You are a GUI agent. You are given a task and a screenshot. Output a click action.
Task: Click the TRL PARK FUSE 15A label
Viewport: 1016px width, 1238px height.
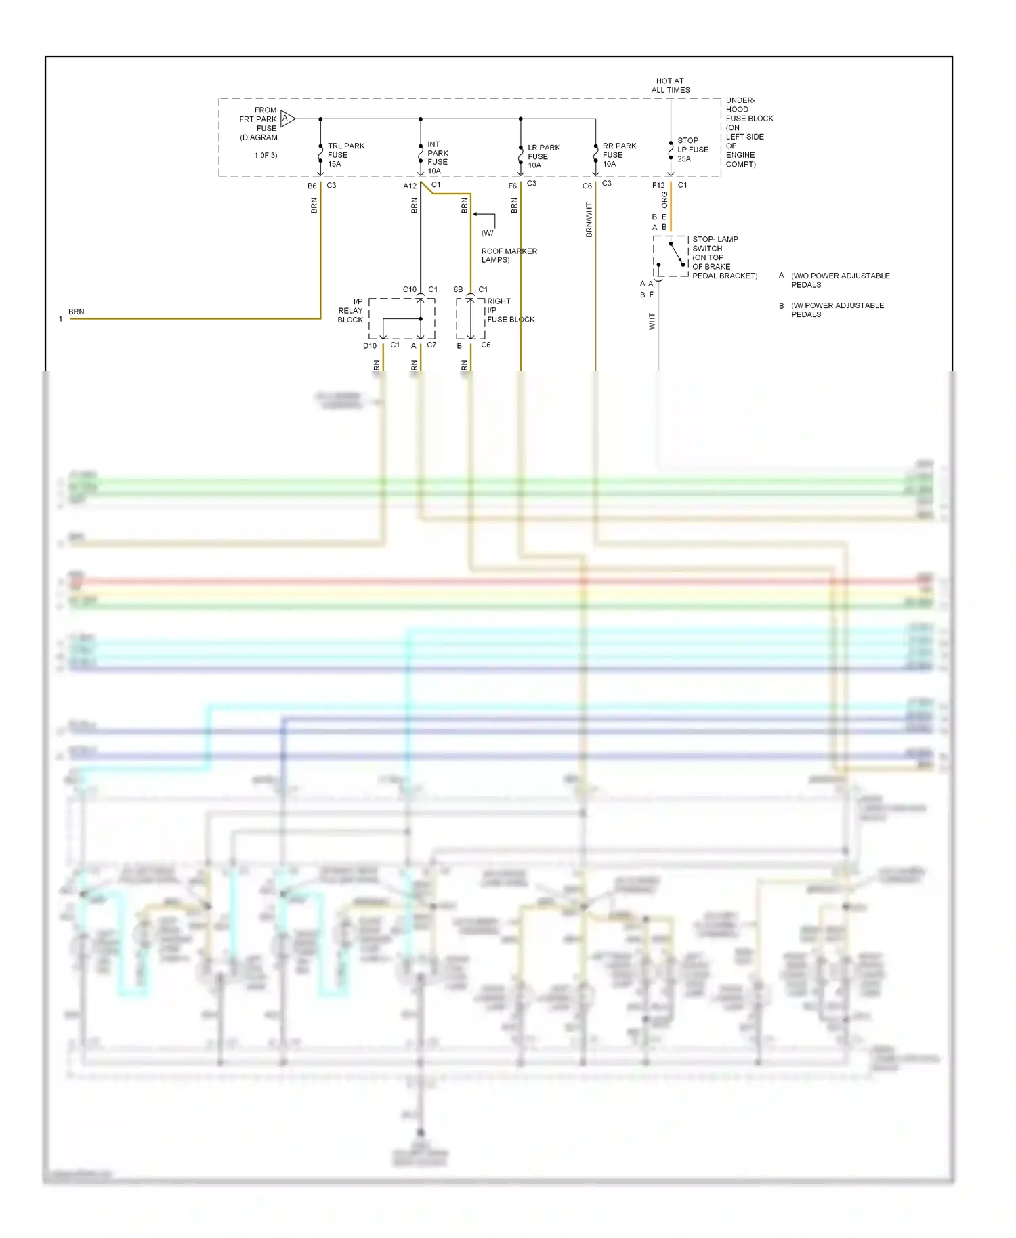(345, 155)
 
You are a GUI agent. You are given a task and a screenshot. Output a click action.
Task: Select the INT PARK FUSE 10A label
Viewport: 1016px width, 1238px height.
(438, 158)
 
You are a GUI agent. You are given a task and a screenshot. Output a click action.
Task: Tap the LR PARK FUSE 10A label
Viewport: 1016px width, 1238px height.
(543, 156)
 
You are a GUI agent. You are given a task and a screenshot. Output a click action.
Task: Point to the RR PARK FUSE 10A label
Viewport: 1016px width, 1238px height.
(619, 155)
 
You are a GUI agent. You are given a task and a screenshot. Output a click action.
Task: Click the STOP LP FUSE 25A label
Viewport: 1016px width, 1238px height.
(692, 150)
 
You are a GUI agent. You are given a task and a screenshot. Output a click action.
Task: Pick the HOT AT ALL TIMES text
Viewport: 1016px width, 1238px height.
(671, 85)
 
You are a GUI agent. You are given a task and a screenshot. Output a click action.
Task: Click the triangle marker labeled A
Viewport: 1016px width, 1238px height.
(287, 119)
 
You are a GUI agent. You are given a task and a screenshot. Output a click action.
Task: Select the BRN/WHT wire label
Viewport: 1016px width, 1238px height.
(589, 220)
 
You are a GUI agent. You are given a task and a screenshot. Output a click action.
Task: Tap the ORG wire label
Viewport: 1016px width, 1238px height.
(664, 200)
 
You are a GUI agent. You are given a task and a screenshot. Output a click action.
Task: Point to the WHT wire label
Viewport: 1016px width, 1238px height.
(652, 321)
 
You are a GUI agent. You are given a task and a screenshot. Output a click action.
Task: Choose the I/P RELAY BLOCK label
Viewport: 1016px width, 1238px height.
(351, 311)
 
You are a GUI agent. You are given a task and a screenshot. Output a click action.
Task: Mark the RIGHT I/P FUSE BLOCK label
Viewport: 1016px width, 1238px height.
(510, 310)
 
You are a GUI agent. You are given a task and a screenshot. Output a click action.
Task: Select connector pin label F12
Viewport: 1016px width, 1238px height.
(658, 186)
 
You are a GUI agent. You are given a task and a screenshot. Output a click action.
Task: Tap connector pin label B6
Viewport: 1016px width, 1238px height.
(312, 186)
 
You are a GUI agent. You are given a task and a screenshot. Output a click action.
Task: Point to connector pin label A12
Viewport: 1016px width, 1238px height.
(410, 186)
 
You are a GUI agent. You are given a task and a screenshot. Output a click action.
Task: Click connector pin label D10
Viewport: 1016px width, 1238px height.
(370, 346)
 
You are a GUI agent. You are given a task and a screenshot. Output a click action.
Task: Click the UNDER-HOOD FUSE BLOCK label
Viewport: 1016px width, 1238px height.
(748, 132)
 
